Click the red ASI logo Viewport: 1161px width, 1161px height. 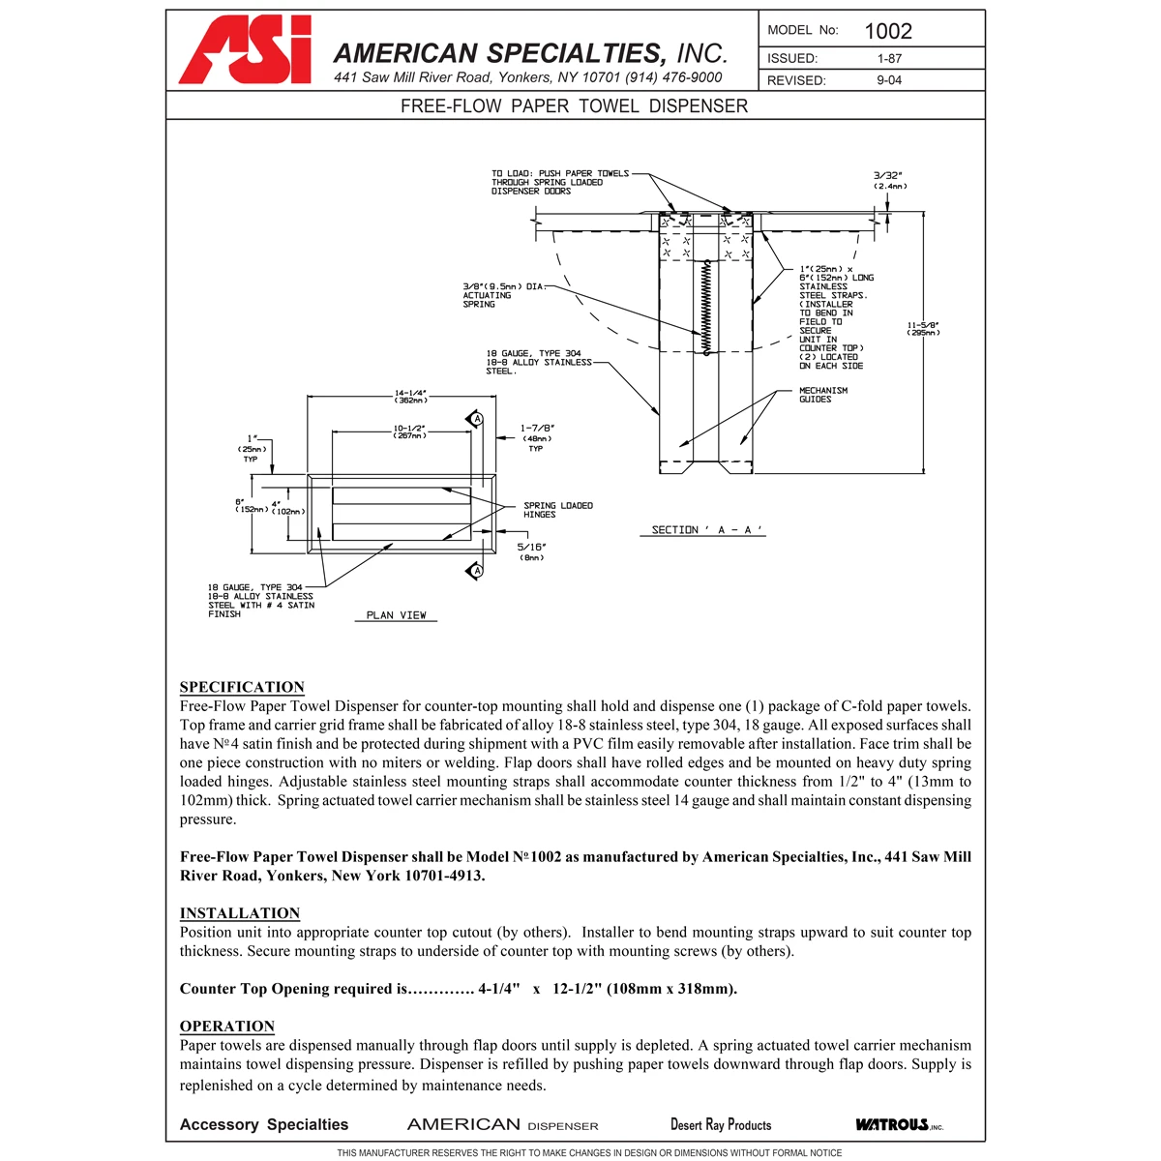(245, 50)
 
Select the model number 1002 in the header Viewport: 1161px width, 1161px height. (888, 31)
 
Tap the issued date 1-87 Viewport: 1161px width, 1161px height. (889, 59)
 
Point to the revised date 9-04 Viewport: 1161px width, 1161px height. (889, 80)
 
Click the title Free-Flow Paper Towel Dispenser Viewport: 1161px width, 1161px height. (574, 106)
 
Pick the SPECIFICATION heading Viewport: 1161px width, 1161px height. (242, 687)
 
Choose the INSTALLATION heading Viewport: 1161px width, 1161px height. (240, 913)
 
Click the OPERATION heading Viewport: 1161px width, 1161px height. (227, 1027)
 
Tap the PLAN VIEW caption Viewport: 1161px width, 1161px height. (397, 615)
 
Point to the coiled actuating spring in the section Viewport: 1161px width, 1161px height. (706, 307)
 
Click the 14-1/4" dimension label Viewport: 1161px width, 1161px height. (410, 397)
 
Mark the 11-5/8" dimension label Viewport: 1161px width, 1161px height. (923, 329)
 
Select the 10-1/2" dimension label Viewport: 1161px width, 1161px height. (409, 432)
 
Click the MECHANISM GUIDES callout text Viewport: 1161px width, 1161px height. (822, 395)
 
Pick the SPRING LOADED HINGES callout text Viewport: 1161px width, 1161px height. (558, 510)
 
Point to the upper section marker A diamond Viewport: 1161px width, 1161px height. (476, 419)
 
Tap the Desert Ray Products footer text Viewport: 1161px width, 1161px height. (721, 1124)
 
